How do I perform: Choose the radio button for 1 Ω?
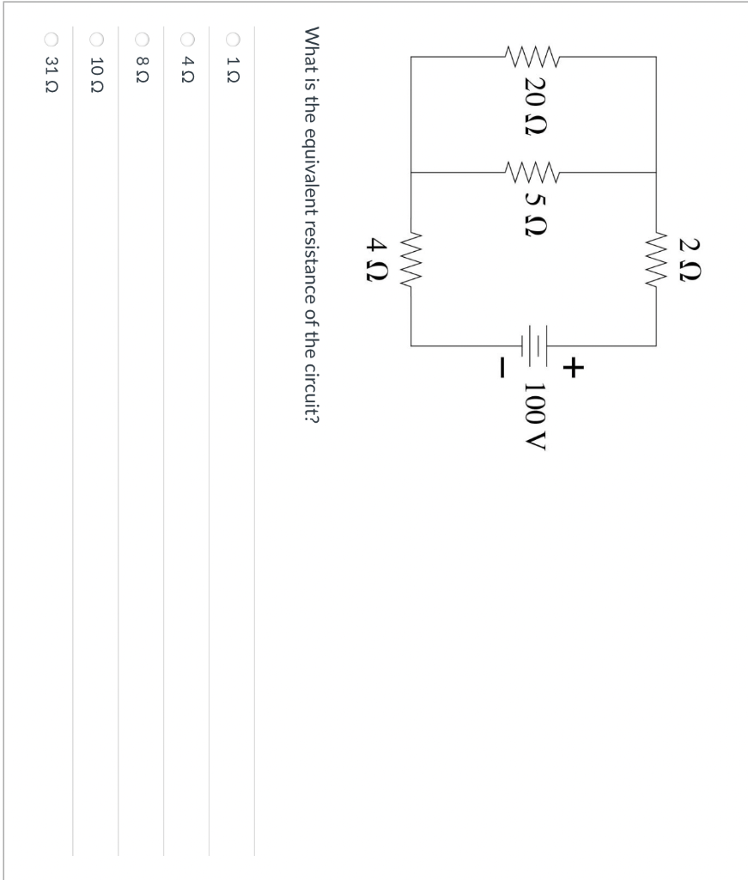click(x=233, y=39)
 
